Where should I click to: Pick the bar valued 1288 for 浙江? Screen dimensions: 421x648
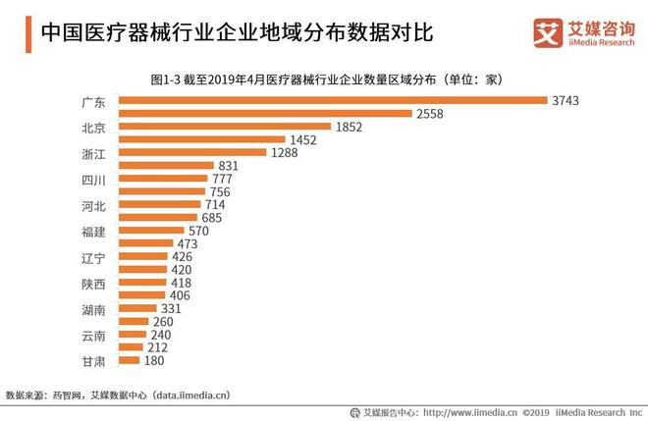tap(192, 152)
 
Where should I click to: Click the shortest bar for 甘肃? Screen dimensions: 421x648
tap(129, 360)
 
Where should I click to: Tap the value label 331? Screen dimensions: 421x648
tap(171, 308)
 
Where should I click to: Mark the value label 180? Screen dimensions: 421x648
tap(155, 360)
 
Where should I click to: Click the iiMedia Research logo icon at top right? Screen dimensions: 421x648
tap(545, 31)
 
